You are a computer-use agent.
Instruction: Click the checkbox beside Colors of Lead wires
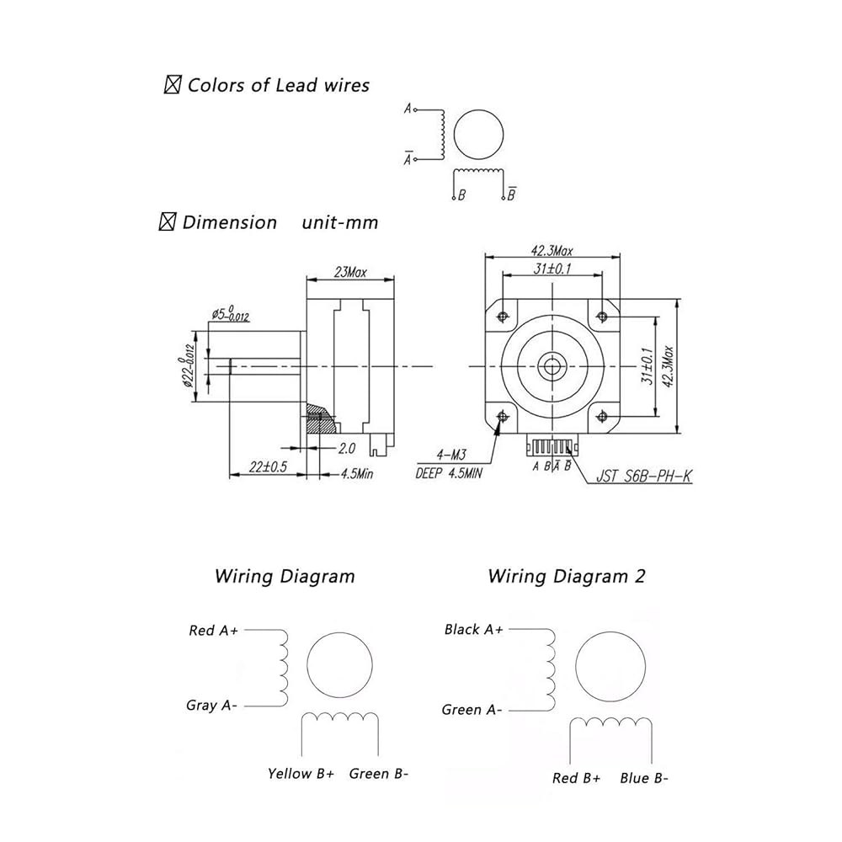point(172,85)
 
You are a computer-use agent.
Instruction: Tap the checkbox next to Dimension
point(168,221)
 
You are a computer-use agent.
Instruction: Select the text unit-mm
point(340,222)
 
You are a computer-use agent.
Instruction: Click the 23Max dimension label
point(350,272)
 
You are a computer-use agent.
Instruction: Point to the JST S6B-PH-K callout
point(644,476)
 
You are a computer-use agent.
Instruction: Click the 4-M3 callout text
point(451,456)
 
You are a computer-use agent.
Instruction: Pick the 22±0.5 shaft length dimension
point(268,466)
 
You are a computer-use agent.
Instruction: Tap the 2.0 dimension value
point(346,447)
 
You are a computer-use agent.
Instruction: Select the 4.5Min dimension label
point(357,473)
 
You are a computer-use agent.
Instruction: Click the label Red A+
point(213,630)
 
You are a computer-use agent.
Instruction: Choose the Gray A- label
point(211,705)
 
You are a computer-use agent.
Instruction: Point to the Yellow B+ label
point(301,773)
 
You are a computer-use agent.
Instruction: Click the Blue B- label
point(644,777)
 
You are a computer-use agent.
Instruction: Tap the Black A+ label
point(473,629)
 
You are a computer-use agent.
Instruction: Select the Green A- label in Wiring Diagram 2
point(472,709)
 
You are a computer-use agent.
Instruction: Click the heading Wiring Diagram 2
point(566,576)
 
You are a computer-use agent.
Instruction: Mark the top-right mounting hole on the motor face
point(602,317)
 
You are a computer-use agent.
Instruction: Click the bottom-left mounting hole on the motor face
point(503,416)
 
